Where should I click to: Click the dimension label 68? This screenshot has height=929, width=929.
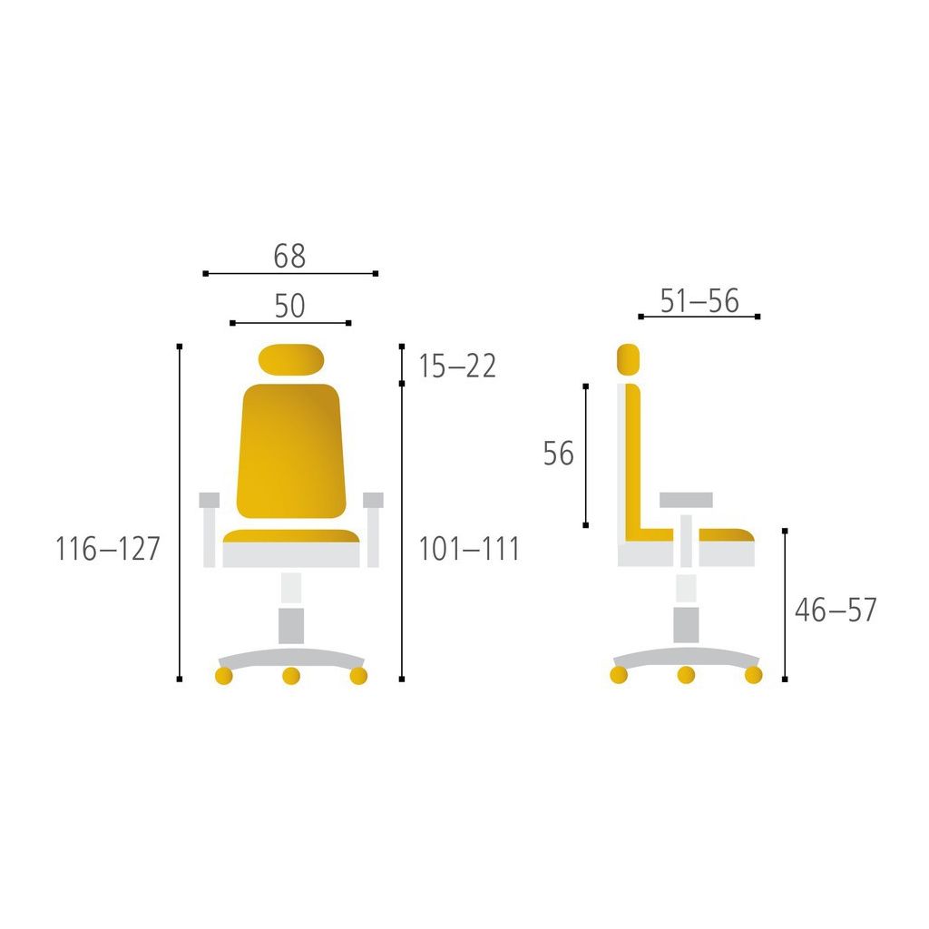pyautogui.click(x=289, y=256)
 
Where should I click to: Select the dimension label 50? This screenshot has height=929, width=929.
pyautogui.click(x=289, y=306)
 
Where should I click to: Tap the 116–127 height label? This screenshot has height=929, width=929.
pyautogui.click(x=108, y=549)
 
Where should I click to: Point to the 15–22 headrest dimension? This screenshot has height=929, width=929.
pyautogui.click(x=457, y=366)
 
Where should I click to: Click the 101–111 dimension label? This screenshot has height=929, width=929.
pyautogui.click(x=469, y=549)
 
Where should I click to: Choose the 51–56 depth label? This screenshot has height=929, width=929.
pyautogui.click(x=699, y=300)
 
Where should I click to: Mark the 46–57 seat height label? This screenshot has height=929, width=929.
pyautogui.click(x=836, y=610)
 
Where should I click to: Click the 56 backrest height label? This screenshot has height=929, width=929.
pyautogui.click(x=558, y=454)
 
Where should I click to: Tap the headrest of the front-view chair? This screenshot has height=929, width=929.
pyautogui.click(x=291, y=359)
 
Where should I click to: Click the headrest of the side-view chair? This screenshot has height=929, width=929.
pyautogui.click(x=628, y=359)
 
